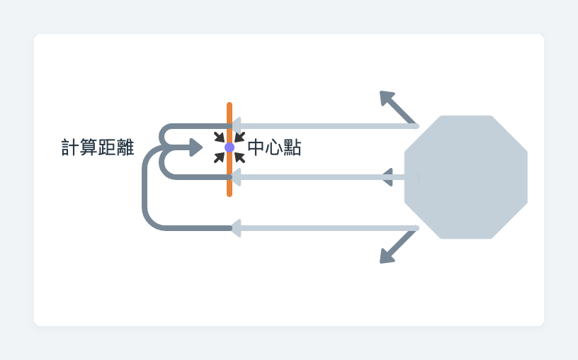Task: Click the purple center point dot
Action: coord(229,147)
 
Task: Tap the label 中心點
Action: coord(274,148)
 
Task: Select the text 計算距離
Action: coord(98,148)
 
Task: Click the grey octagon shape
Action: coord(466,177)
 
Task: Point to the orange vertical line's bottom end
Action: coord(229,194)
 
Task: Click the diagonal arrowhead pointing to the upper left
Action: coord(387,98)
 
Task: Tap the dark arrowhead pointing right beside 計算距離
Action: coord(196,147)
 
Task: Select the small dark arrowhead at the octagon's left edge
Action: coord(387,177)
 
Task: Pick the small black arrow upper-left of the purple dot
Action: coord(219,137)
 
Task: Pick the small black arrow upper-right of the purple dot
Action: coord(240,137)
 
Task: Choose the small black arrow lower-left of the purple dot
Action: coord(219,158)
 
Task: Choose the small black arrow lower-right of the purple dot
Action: coord(240,158)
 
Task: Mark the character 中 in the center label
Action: coord(256,148)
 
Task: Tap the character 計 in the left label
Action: coord(70,148)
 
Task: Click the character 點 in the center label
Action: coord(293,148)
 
